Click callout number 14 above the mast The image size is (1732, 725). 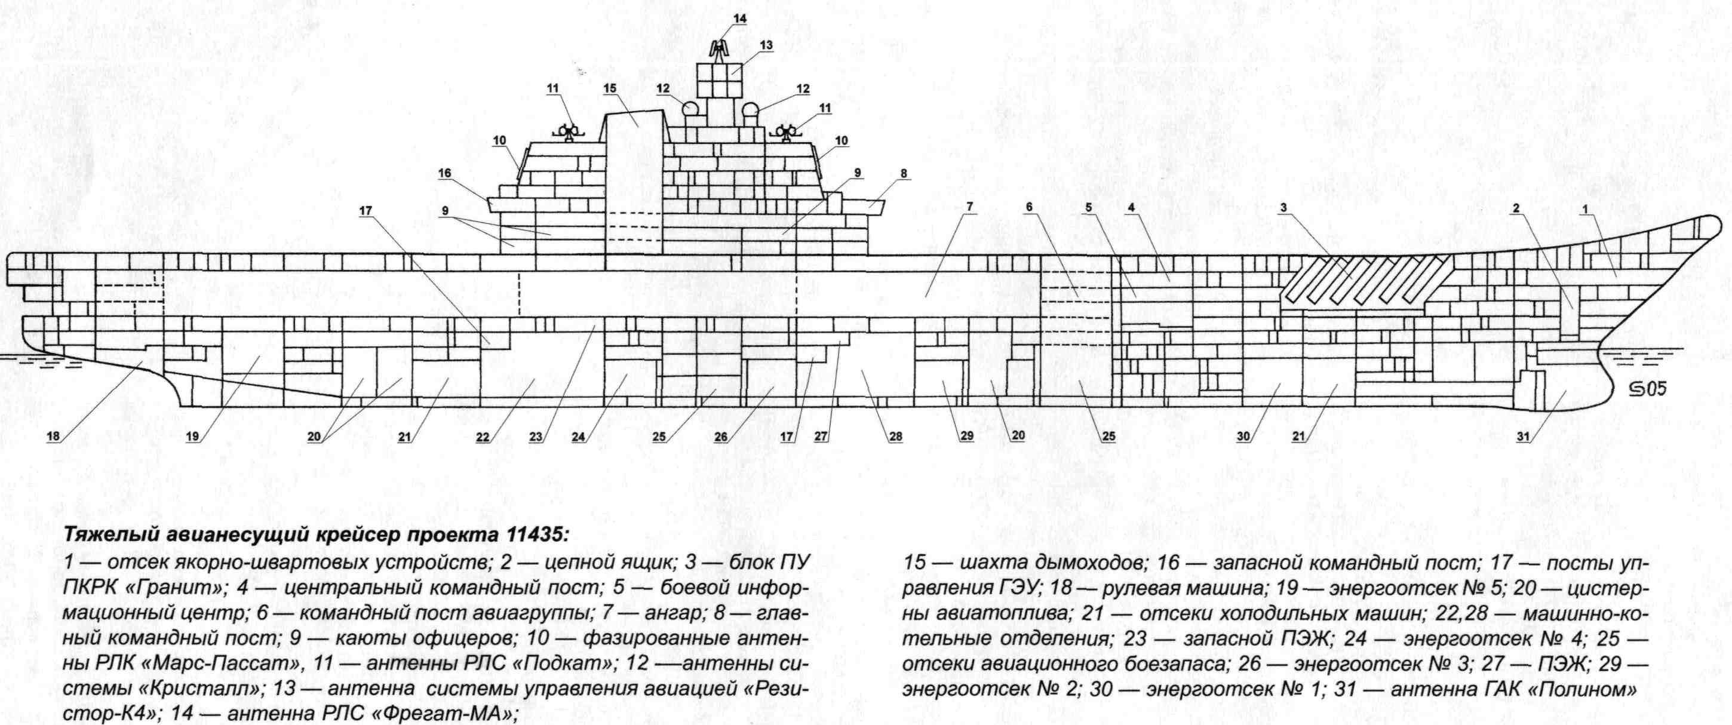739,19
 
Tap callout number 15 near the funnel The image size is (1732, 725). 610,89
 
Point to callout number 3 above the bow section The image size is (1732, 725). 1283,209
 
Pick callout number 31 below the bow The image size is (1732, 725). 1524,437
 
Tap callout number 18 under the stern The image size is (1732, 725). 54,437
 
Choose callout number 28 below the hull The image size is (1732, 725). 896,437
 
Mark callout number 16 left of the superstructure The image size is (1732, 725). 444,174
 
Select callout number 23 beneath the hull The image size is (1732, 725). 535,437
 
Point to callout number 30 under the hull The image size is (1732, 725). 1243,437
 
